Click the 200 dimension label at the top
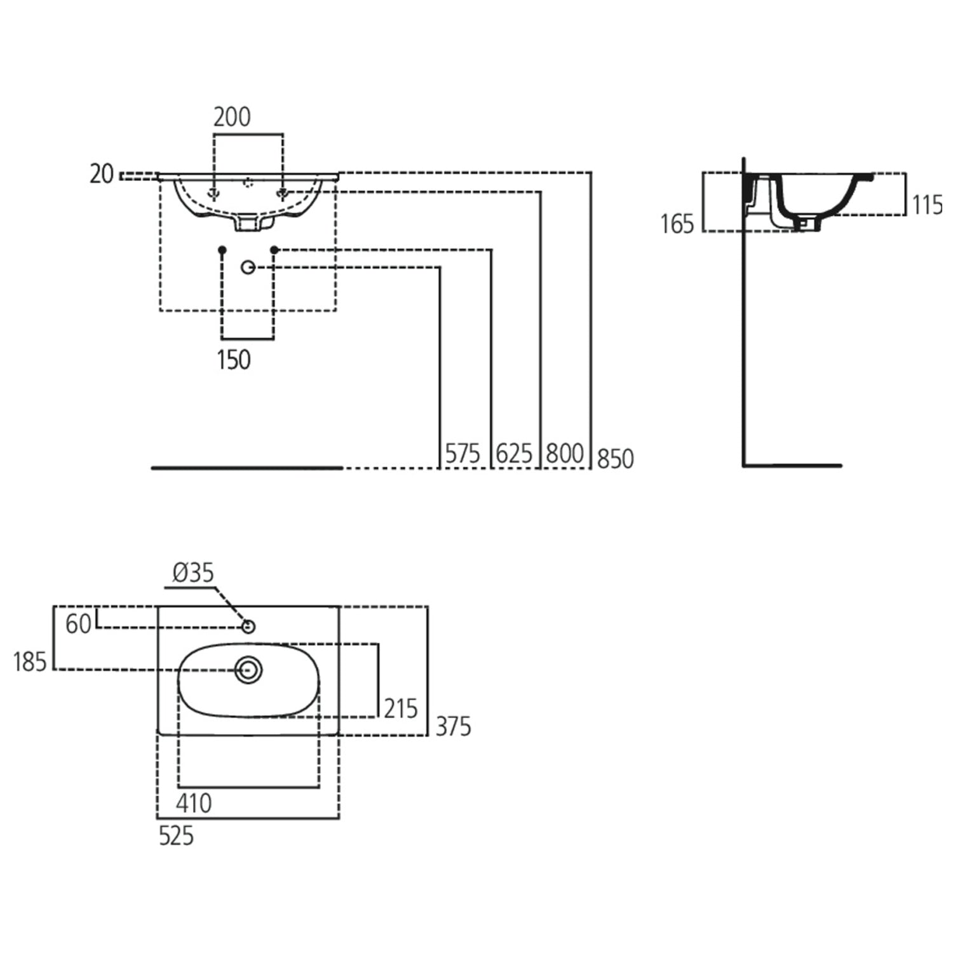tap(232, 118)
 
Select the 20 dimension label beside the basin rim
tap(101, 174)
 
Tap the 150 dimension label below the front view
tap(234, 360)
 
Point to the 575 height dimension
tap(462, 454)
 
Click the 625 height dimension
tap(513, 454)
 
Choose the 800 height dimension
tap(564, 454)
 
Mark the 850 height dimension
tap(615, 459)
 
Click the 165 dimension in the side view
tap(677, 224)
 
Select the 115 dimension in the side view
tap(928, 205)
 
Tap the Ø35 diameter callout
tap(193, 573)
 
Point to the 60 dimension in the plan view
tap(78, 625)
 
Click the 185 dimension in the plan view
tap(30, 663)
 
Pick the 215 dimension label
tap(400, 708)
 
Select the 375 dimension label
tap(453, 726)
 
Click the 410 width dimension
tap(194, 804)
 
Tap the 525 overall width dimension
tap(176, 836)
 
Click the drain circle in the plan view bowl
tap(248, 670)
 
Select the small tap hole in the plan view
tap(248, 627)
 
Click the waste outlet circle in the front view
tap(248, 267)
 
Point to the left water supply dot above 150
tap(222, 250)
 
